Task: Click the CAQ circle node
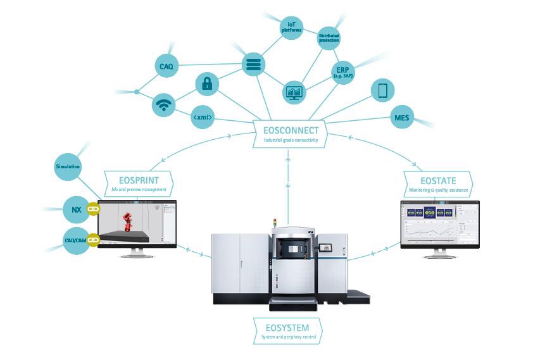tap(167, 65)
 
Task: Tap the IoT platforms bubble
tap(291, 27)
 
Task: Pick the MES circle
tap(401, 117)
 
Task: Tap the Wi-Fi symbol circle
tap(164, 104)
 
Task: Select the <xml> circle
tap(203, 117)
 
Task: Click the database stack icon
tap(254, 65)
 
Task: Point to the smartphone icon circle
tap(382, 90)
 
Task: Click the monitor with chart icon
tap(294, 92)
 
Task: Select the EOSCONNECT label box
tap(290, 133)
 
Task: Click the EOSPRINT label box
tap(137, 182)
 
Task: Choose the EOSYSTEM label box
tap(287, 331)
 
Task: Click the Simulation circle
tap(68, 167)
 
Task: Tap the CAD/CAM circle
tap(76, 241)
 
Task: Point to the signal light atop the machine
tap(275, 223)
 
